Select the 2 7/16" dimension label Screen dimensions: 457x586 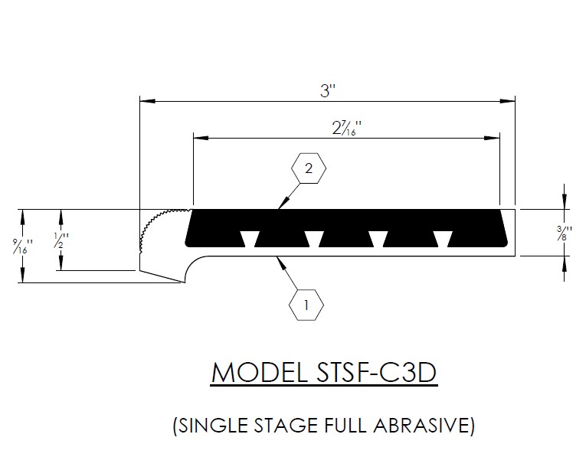[347, 128]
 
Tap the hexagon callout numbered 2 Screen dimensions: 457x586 [309, 169]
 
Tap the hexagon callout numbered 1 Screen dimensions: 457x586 [306, 305]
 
